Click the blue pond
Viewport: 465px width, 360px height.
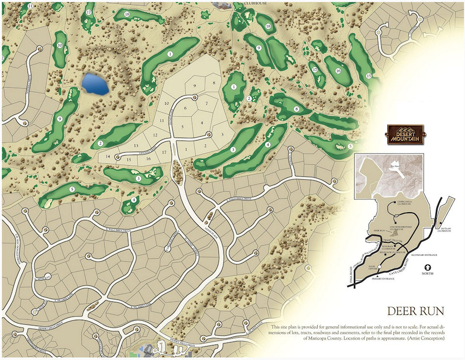[95, 84]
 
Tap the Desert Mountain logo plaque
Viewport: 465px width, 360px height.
[405, 134]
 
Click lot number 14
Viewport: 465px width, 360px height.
[108, 156]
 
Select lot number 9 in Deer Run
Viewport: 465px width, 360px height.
[195, 86]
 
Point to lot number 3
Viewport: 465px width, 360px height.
[221, 135]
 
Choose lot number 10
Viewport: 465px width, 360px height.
[166, 103]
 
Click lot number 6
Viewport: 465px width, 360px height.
[185, 108]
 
